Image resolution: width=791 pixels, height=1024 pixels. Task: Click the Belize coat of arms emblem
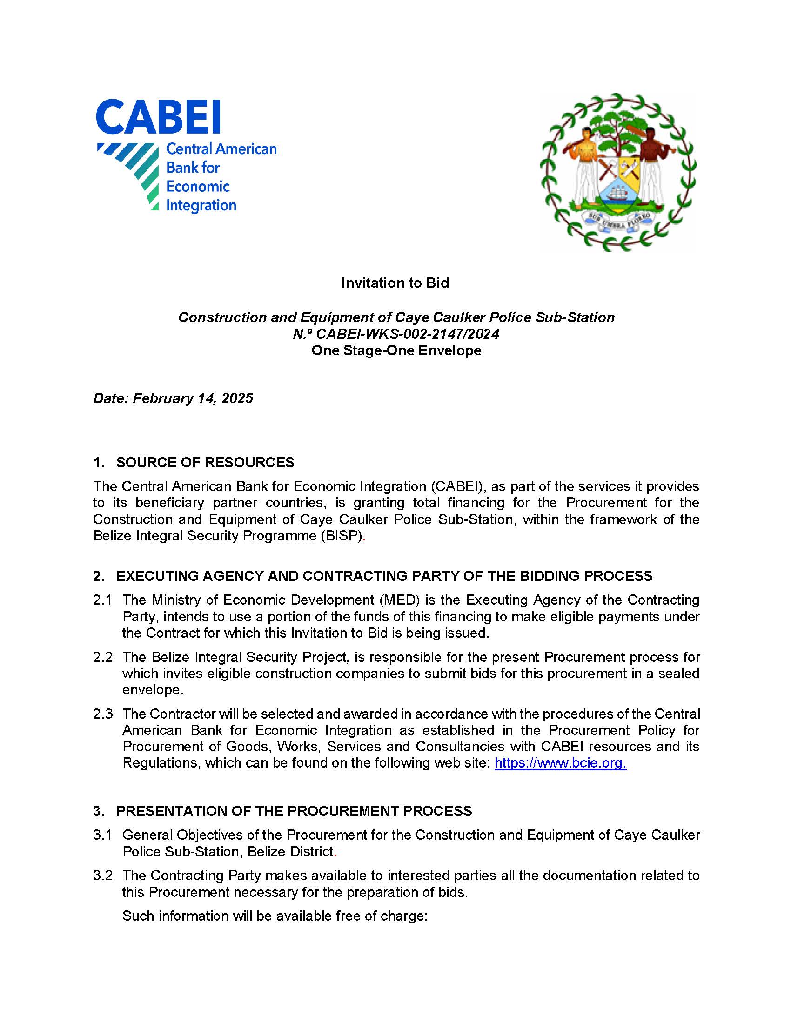(x=618, y=172)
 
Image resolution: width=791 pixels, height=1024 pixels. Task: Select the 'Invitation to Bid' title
(x=395, y=283)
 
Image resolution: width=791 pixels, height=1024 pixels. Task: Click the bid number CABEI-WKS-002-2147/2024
(x=407, y=334)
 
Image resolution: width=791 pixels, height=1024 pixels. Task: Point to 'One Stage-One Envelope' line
(x=396, y=350)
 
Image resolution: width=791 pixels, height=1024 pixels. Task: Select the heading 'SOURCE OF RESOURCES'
(x=205, y=462)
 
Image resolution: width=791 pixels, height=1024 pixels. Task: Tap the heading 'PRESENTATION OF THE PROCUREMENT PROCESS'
(x=294, y=811)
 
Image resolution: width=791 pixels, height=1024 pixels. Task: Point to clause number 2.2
(x=103, y=657)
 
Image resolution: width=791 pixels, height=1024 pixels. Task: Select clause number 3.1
(x=103, y=835)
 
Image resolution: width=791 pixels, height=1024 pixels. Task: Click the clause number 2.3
(x=103, y=714)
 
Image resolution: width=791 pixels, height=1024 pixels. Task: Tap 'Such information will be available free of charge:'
(x=275, y=916)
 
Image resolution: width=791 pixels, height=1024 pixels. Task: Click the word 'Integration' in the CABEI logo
(x=201, y=205)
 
